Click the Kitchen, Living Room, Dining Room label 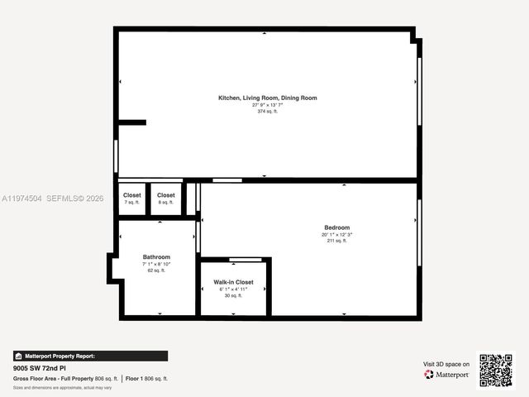coord(267,98)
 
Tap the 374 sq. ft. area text coord(267,111)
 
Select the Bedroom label coord(336,227)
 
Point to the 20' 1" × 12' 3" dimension coord(336,235)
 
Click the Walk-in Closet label coord(233,282)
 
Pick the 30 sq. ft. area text coord(233,295)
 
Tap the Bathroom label coord(156,257)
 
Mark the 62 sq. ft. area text coord(156,270)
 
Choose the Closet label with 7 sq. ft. coord(132,195)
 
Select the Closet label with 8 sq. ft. coord(166,195)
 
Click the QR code coord(496,370)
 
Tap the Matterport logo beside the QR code coord(447,375)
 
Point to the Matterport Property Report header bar coord(55,356)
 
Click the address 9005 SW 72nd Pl coord(39,367)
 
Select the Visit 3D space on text coord(446,364)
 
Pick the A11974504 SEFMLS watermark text coord(53,198)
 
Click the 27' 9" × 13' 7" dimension coord(267,105)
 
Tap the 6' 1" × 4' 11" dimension coord(233,289)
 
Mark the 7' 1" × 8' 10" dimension coord(156,264)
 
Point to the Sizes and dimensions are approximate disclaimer coord(63,387)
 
